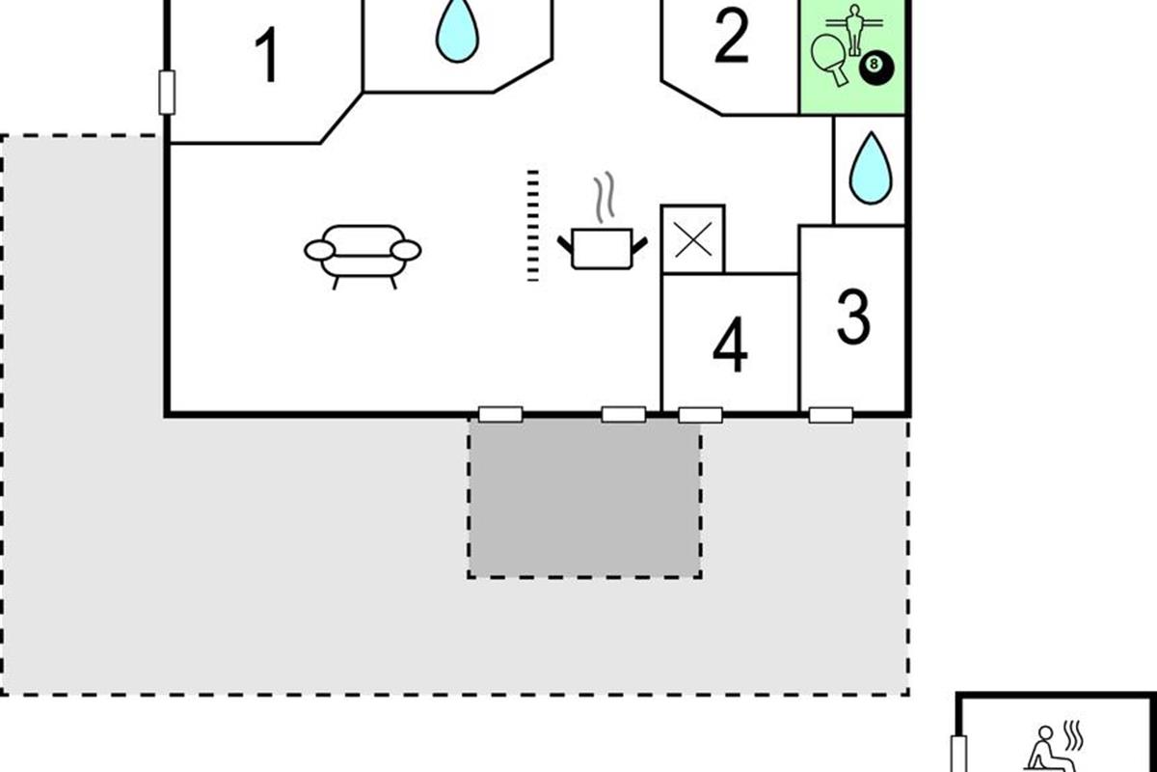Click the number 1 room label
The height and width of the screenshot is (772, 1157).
pyautogui.click(x=268, y=55)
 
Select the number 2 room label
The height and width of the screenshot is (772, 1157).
pyautogui.click(x=732, y=37)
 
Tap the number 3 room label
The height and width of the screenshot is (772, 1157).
pyautogui.click(x=853, y=317)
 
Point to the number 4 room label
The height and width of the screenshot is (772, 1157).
pyautogui.click(x=731, y=345)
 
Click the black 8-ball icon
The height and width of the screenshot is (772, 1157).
pyautogui.click(x=876, y=68)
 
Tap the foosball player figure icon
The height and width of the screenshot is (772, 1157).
pyautogui.click(x=854, y=30)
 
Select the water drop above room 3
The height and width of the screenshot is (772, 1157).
pyautogui.click(x=871, y=168)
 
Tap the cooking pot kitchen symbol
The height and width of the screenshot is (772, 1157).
pyautogui.click(x=602, y=248)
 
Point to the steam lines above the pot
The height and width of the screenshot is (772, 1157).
pyautogui.click(x=605, y=197)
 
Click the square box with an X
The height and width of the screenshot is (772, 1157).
pyautogui.click(x=693, y=239)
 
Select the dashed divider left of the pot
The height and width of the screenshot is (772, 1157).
pyautogui.click(x=533, y=226)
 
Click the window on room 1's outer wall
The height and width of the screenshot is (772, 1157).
pyautogui.click(x=167, y=93)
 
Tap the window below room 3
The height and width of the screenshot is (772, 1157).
pyautogui.click(x=830, y=415)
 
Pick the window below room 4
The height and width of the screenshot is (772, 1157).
pyautogui.click(x=700, y=415)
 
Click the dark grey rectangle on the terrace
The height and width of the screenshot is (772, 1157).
pyautogui.click(x=584, y=499)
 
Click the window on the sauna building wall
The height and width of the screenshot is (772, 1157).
pyautogui.click(x=958, y=754)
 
